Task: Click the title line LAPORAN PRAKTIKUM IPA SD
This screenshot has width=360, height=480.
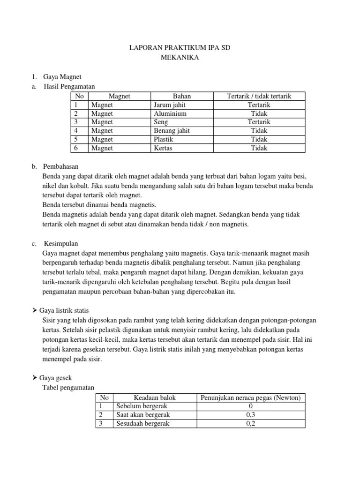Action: point(180,48)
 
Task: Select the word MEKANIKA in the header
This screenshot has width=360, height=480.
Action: point(180,58)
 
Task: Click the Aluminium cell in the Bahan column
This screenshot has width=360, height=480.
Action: point(170,113)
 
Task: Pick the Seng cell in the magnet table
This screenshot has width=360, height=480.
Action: point(161,122)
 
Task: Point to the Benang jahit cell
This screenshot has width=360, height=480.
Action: point(172,131)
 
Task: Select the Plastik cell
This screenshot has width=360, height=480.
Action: point(164,139)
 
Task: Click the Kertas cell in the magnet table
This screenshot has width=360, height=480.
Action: point(163,148)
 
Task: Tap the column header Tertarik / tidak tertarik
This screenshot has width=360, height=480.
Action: point(259,96)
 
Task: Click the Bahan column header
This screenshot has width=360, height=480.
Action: point(182,96)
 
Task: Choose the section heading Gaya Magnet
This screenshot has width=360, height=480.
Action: point(62,77)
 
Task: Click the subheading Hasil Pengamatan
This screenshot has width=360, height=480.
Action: point(69,87)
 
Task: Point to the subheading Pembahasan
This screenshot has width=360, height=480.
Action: point(61,166)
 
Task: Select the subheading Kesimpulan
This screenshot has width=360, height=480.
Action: point(61,244)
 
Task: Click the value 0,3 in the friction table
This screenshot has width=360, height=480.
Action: point(251,415)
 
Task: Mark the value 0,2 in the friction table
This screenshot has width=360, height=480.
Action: point(251,423)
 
